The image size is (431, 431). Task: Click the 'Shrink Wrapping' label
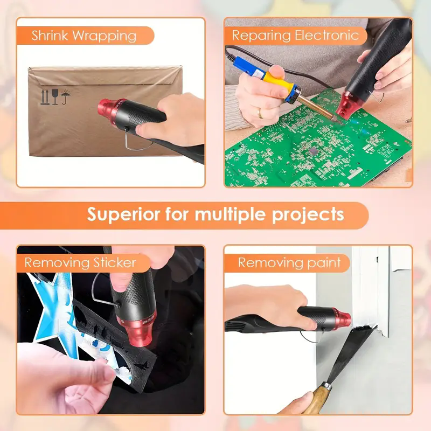point(84,36)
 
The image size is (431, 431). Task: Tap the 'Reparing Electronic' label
point(295,36)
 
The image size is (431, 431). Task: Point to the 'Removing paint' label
point(289,263)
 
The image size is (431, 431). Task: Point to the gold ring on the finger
point(260,113)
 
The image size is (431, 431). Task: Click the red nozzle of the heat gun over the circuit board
point(352,105)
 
